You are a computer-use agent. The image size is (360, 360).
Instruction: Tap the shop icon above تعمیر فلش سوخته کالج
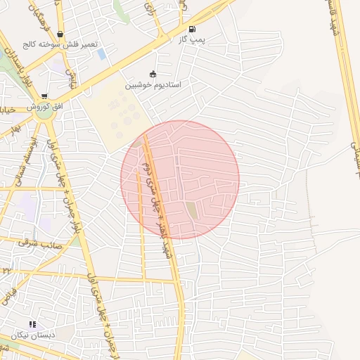[x=60, y=34]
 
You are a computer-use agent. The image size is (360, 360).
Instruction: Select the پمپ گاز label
[x=191, y=39]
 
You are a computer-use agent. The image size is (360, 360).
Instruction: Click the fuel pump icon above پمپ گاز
[x=193, y=29]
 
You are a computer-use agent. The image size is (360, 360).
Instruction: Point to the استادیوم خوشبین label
[x=153, y=84]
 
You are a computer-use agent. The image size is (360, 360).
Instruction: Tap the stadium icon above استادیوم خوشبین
[x=153, y=74]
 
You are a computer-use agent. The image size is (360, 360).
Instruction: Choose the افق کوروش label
[x=44, y=106]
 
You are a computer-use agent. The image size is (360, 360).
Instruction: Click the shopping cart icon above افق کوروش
[x=44, y=96]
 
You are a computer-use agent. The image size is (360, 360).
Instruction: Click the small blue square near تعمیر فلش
[x=102, y=54]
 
